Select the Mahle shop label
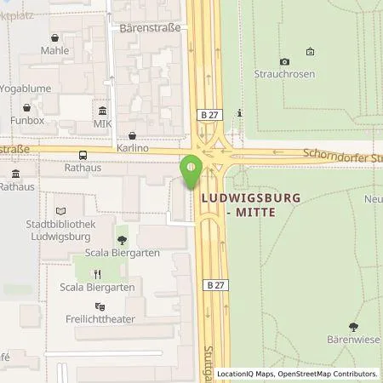click(x=54, y=50)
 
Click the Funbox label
click(x=26, y=120)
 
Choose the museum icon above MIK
click(x=103, y=111)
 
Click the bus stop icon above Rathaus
click(x=83, y=155)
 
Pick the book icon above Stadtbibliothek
click(x=59, y=210)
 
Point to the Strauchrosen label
click(x=284, y=74)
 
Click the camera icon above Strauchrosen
click(x=284, y=61)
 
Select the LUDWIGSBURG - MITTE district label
click(x=237, y=204)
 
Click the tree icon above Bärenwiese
click(x=354, y=327)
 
